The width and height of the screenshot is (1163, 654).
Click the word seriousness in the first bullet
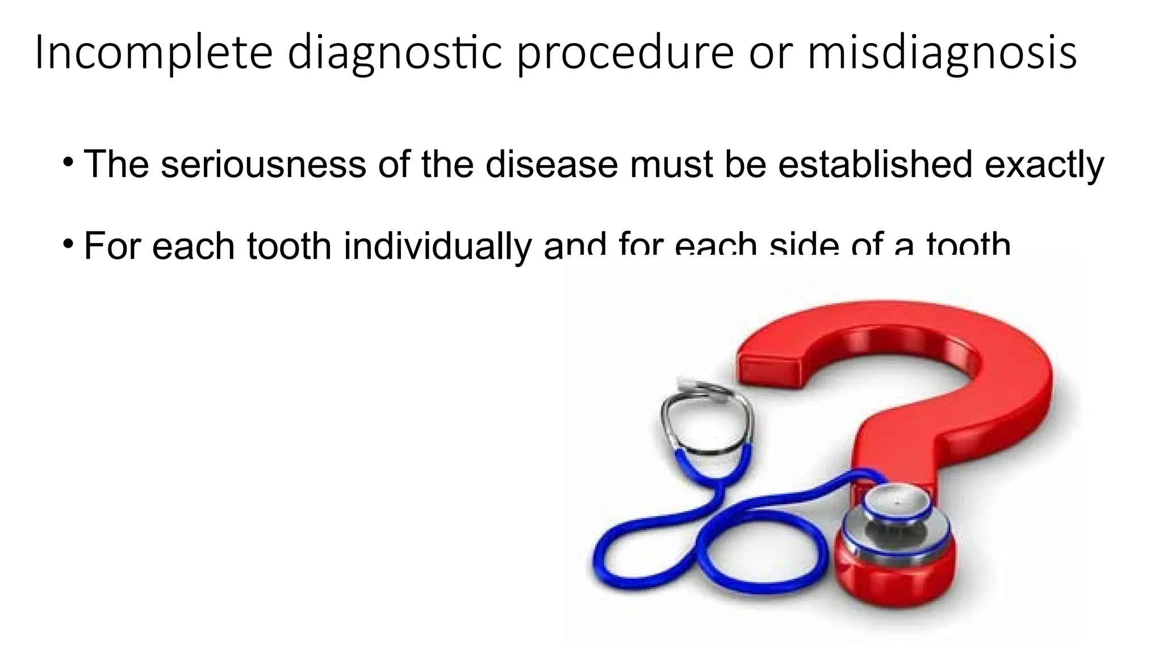263,164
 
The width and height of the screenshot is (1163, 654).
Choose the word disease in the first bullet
551,164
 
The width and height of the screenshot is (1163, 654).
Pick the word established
875,164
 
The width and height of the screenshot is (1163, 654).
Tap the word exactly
1044,165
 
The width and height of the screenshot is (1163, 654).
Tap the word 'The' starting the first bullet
116,164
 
